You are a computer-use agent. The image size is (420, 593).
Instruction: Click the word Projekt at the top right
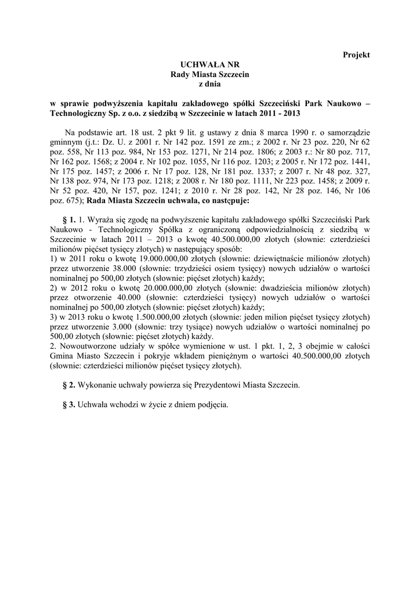[x=356, y=54]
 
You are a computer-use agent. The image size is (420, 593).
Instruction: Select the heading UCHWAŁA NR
[x=199, y=65]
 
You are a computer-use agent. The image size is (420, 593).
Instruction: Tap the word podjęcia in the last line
[x=213, y=405]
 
